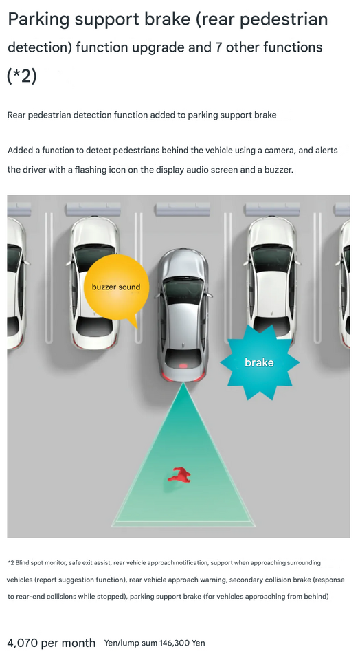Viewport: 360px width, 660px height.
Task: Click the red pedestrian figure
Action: click(179, 475)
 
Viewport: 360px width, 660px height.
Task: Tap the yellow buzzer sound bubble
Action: click(115, 287)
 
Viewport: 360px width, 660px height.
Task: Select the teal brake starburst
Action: click(259, 362)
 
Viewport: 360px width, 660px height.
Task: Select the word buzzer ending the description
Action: click(277, 169)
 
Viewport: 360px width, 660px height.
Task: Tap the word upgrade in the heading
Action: click(183, 48)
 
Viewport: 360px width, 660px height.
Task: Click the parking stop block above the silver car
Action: click(182, 208)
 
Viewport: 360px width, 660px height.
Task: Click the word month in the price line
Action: click(77, 643)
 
